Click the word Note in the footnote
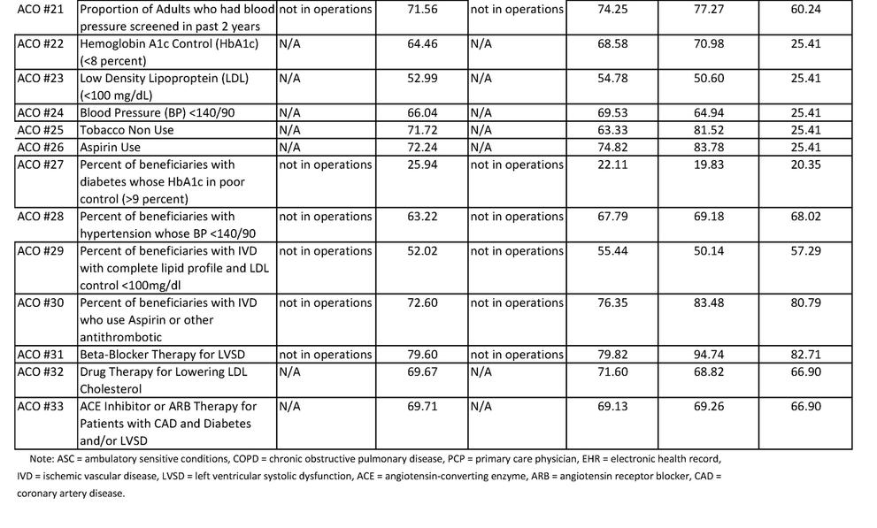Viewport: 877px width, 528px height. tap(40, 459)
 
